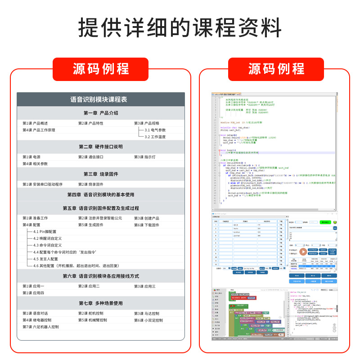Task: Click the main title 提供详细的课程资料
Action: (180, 28)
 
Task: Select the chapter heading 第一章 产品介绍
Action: (101, 113)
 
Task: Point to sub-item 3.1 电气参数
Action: (155, 130)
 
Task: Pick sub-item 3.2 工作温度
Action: (155, 137)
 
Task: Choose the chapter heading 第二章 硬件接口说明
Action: (101, 147)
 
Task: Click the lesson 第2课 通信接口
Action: (91, 157)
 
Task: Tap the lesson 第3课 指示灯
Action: (145, 157)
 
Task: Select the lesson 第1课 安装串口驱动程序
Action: (42, 184)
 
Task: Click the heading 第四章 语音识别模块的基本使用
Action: (101, 195)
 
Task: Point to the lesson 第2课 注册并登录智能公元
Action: (100, 218)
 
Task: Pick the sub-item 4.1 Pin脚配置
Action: (45, 232)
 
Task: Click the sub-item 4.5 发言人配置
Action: (45, 259)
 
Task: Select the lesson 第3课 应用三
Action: (145, 286)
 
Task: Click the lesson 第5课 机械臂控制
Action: (93, 320)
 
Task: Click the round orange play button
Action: (303, 252)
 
